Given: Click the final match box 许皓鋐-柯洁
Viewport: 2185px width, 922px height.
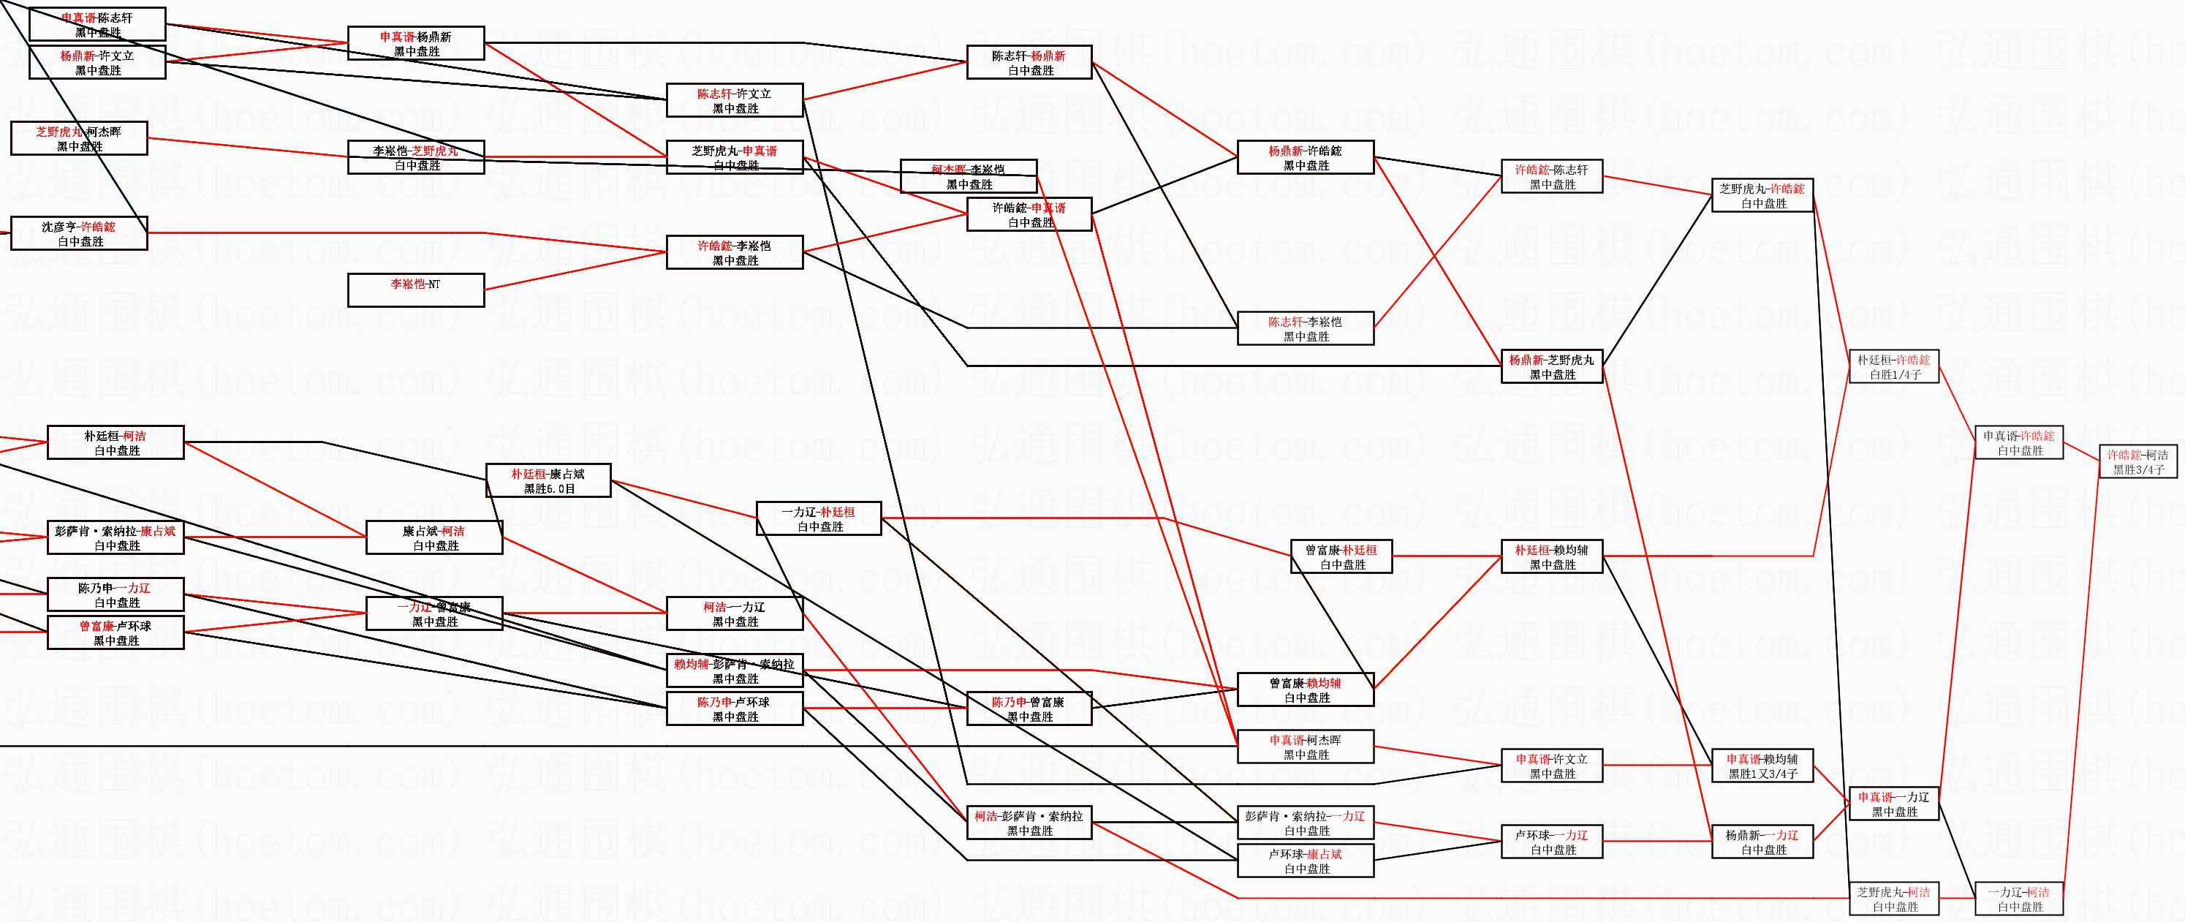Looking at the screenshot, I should click(2137, 462).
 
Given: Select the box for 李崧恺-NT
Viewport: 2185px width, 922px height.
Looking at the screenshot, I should click(416, 290).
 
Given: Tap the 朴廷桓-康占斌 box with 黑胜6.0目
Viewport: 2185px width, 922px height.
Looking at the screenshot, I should click(548, 481).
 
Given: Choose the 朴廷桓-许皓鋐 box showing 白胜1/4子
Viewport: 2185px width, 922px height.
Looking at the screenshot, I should click(1893, 367).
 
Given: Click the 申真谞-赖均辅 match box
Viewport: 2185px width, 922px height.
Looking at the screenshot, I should click(1763, 766).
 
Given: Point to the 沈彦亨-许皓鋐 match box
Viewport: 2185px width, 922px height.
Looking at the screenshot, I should click(79, 234).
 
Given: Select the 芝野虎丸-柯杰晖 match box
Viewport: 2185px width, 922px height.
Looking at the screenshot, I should click(79, 139).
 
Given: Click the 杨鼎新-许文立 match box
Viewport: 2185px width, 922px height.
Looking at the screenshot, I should click(97, 63).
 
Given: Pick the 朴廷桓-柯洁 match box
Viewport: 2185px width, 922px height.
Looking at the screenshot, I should click(116, 443).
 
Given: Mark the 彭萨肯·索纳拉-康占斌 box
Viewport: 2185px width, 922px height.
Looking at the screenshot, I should click(116, 537).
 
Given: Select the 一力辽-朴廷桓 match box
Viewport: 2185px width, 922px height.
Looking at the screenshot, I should click(819, 519).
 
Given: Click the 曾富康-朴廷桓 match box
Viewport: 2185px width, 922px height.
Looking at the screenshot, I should click(1341, 556).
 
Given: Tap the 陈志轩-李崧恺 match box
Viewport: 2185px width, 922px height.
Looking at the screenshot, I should click(1306, 329).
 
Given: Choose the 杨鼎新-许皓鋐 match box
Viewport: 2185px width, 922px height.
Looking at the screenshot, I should click(1306, 158).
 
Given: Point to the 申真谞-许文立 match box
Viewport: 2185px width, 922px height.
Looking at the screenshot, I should click(1551, 766).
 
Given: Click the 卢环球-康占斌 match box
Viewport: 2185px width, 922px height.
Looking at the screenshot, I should click(1306, 861).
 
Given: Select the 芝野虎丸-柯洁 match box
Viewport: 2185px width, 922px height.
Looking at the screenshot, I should click(1893, 899).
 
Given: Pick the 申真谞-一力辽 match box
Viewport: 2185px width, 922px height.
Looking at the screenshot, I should click(1893, 804).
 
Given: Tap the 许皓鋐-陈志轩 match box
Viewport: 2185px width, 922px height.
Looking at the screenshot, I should click(1551, 176).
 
